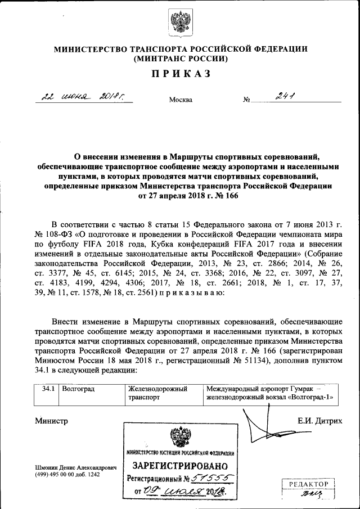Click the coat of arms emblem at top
pyautogui.click(x=179, y=22)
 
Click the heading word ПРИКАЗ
pyautogui.click(x=180, y=74)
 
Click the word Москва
pyautogui.click(x=181, y=100)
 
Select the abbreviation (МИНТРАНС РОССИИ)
pyautogui.click(x=180, y=58)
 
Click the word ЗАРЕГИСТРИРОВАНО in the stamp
pyautogui.click(x=180, y=466)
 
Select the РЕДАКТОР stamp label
pyautogui.click(x=308, y=483)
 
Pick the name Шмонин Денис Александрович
pyautogui.click(x=75, y=467)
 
